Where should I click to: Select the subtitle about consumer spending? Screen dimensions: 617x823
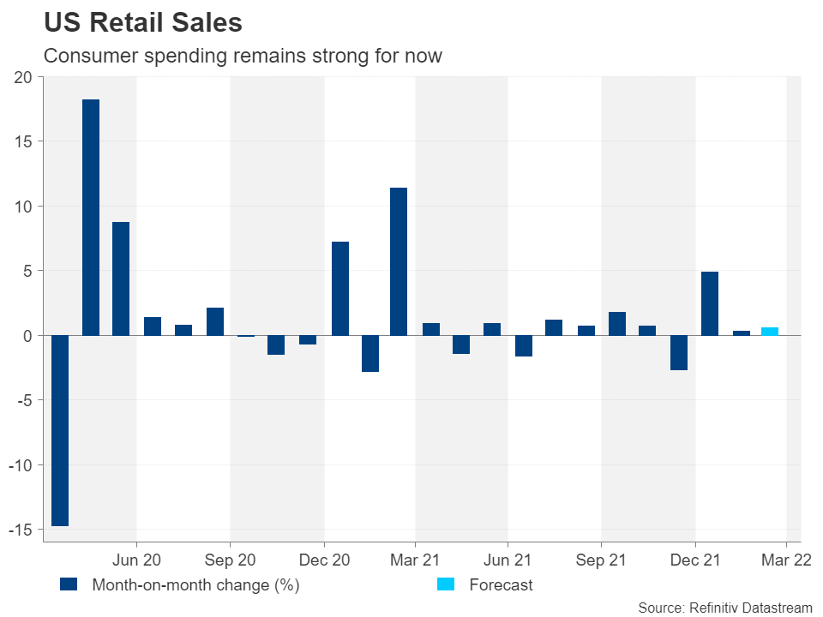tap(243, 57)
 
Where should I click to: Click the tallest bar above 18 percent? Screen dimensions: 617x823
tap(91, 218)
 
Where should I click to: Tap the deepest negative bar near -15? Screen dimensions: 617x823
tap(60, 430)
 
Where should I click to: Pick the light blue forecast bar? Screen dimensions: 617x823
tap(770, 332)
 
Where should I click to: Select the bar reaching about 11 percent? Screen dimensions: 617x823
tap(399, 261)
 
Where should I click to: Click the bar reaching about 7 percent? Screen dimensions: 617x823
tap(340, 289)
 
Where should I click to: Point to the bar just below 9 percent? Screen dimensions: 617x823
tap(121, 279)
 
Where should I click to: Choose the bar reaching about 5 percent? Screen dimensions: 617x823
tap(710, 303)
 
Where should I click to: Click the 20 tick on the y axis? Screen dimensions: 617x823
tap(22, 77)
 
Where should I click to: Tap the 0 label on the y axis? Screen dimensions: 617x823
tap(27, 336)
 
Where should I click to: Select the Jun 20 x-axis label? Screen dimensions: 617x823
tap(137, 561)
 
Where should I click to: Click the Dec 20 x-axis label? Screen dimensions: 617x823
tap(324, 561)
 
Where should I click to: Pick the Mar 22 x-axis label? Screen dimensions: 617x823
tap(787, 561)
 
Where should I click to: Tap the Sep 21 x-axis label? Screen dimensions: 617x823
tap(601, 561)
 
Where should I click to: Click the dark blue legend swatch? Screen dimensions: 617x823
tap(69, 584)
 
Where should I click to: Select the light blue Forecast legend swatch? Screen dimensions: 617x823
tap(447, 584)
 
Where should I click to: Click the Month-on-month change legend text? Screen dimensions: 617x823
tap(195, 585)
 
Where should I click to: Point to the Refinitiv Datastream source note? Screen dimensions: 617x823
tap(725, 607)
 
